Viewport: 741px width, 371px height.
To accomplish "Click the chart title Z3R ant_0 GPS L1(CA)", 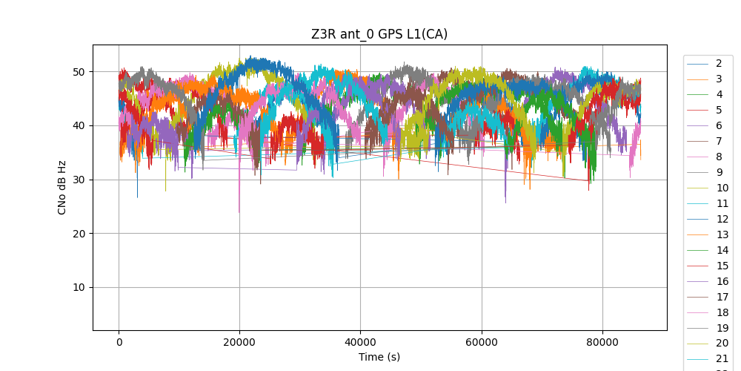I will tap(379, 34).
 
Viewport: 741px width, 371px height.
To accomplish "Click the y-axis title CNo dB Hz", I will tap(62, 187).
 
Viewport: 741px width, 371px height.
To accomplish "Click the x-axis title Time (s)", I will tap(379, 357).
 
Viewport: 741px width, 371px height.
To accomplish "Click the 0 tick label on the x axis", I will tap(119, 342).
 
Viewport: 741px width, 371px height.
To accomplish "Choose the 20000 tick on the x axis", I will tap(239, 342).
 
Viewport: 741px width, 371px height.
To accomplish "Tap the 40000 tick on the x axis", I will tap(360, 342).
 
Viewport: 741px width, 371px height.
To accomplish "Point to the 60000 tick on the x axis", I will tap(482, 342).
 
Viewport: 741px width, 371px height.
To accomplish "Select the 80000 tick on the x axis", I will tap(602, 342).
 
